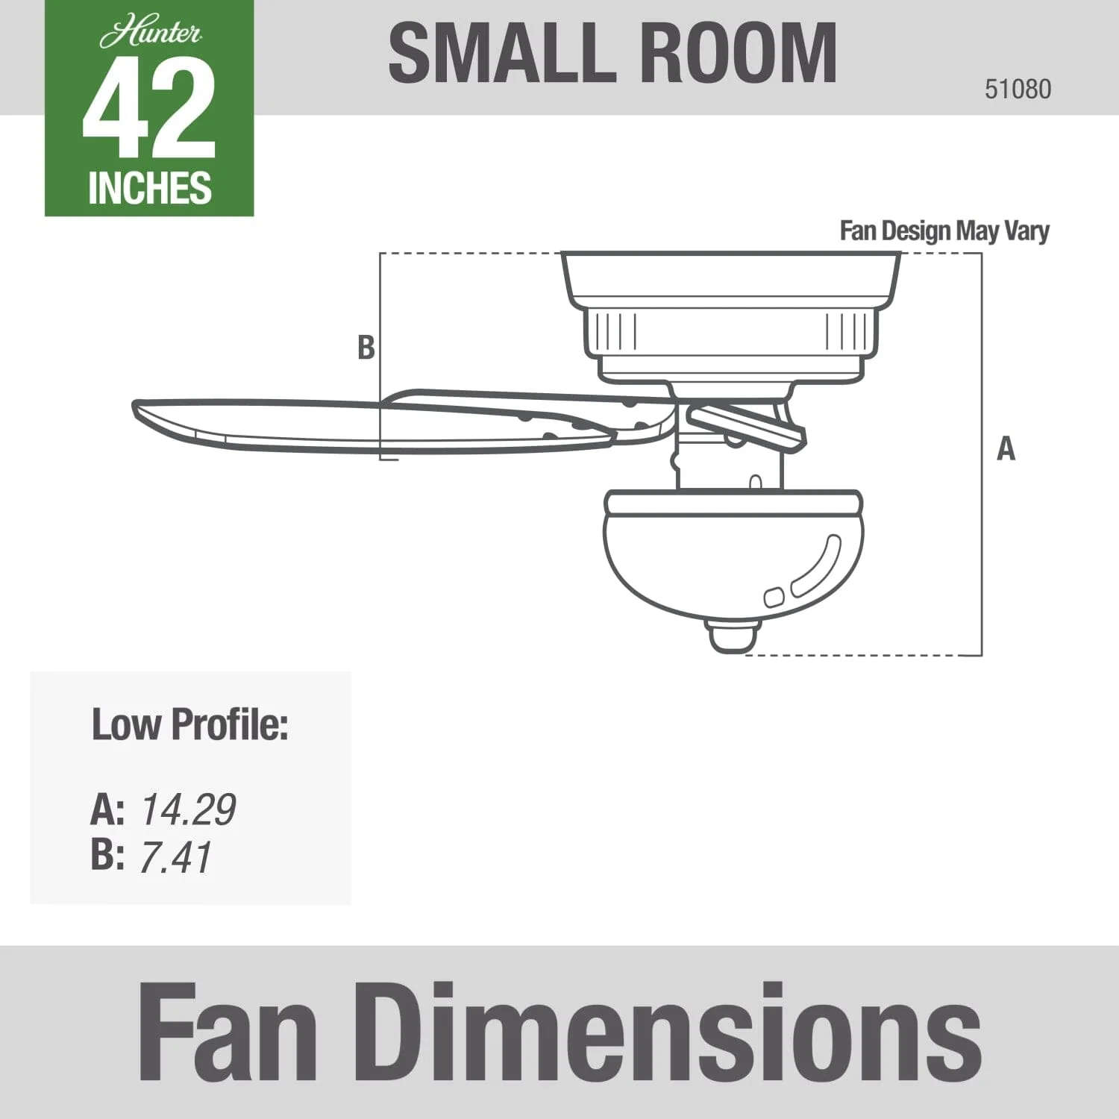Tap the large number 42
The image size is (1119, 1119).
coord(149,110)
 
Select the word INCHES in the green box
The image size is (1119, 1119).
coord(150,187)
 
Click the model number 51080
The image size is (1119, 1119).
coord(1018,89)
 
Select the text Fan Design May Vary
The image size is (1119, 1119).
coord(944,231)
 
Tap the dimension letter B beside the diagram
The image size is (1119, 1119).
coord(366,348)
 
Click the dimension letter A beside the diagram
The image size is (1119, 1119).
coord(1006,449)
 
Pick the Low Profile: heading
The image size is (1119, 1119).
coord(189,724)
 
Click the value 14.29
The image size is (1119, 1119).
coord(188,809)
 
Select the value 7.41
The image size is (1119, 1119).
coord(176,856)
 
